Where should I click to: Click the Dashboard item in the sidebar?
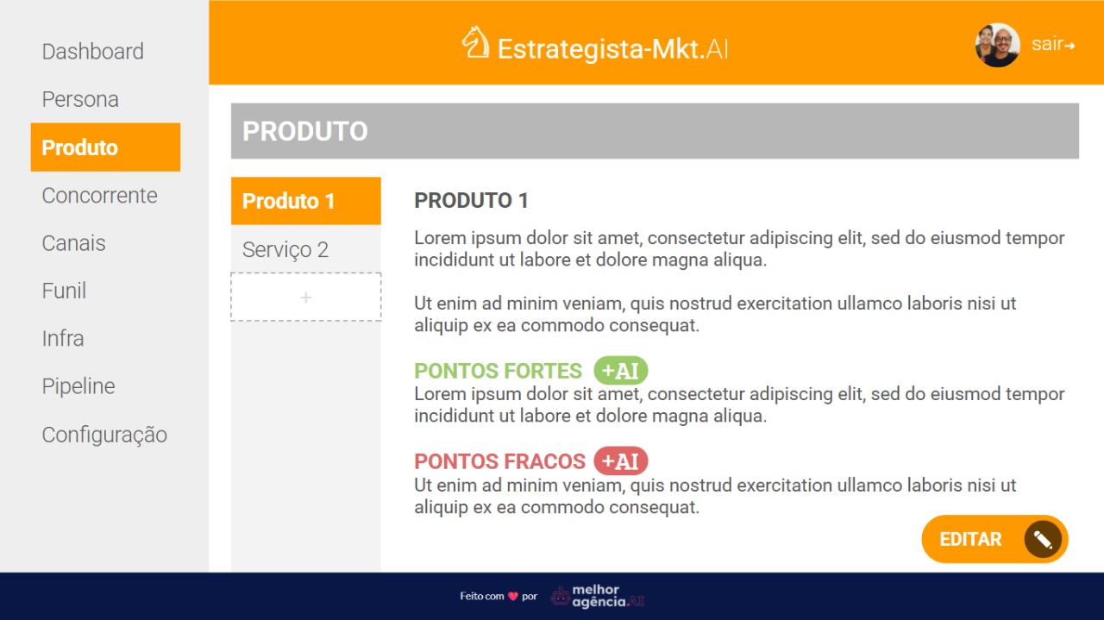(92, 51)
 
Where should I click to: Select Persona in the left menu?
(80, 99)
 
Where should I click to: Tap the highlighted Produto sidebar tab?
(105, 147)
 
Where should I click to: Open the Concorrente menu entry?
(99, 196)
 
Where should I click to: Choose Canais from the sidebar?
(74, 243)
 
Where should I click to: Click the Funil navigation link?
(64, 291)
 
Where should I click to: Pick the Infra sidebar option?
(63, 339)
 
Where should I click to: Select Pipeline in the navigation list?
(78, 386)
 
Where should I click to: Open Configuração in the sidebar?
(104, 435)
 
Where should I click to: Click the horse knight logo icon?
(475, 42)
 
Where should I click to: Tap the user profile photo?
(998, 45)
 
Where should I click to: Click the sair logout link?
(1053, 44)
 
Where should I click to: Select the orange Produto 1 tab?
(306, 201)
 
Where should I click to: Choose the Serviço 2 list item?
(285, 249)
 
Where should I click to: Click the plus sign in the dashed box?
(306, 297)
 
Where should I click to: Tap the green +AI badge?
(621, 371)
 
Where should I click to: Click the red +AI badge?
(621, 461)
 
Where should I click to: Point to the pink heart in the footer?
(513, 597)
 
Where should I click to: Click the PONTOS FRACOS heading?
(499, 461)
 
